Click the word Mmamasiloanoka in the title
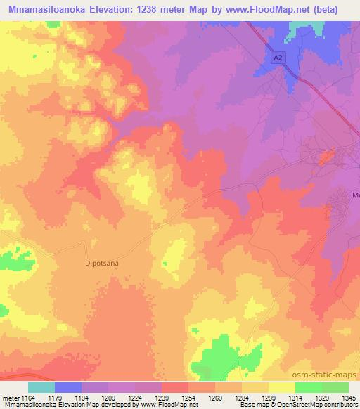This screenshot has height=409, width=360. (x=47, y=10)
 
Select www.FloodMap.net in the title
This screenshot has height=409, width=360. (x=271, y=10)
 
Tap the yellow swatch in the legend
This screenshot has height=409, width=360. (x=281, y=387)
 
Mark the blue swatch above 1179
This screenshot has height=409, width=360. (x=67, y=387)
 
